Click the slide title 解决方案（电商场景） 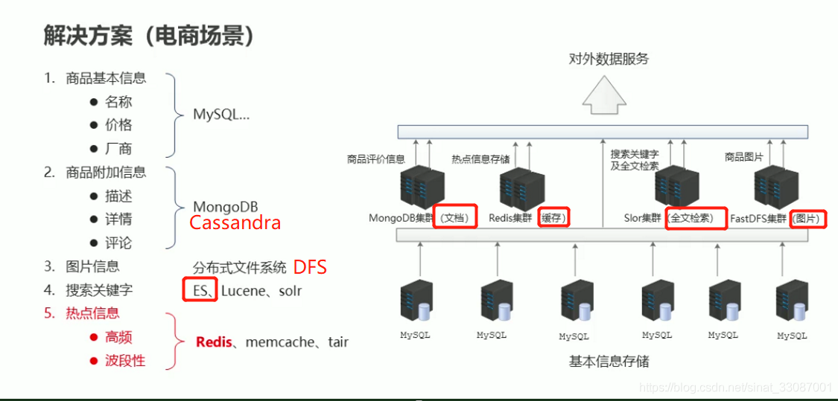[x=149, y=36]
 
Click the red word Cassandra [x=235, y=222]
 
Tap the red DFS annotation [x=309, y=267]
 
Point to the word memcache [x=279, y=342]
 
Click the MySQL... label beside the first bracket [x=221, y=115]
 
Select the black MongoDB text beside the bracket [x=226, y=206]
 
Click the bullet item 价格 [x=118, y=125]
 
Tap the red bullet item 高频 [x=118, y=337]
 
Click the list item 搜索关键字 [x=99, y=289]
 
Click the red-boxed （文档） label [x=455, y=218]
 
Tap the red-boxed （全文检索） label [x=696, y=218]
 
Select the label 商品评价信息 [x=375, y=158]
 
